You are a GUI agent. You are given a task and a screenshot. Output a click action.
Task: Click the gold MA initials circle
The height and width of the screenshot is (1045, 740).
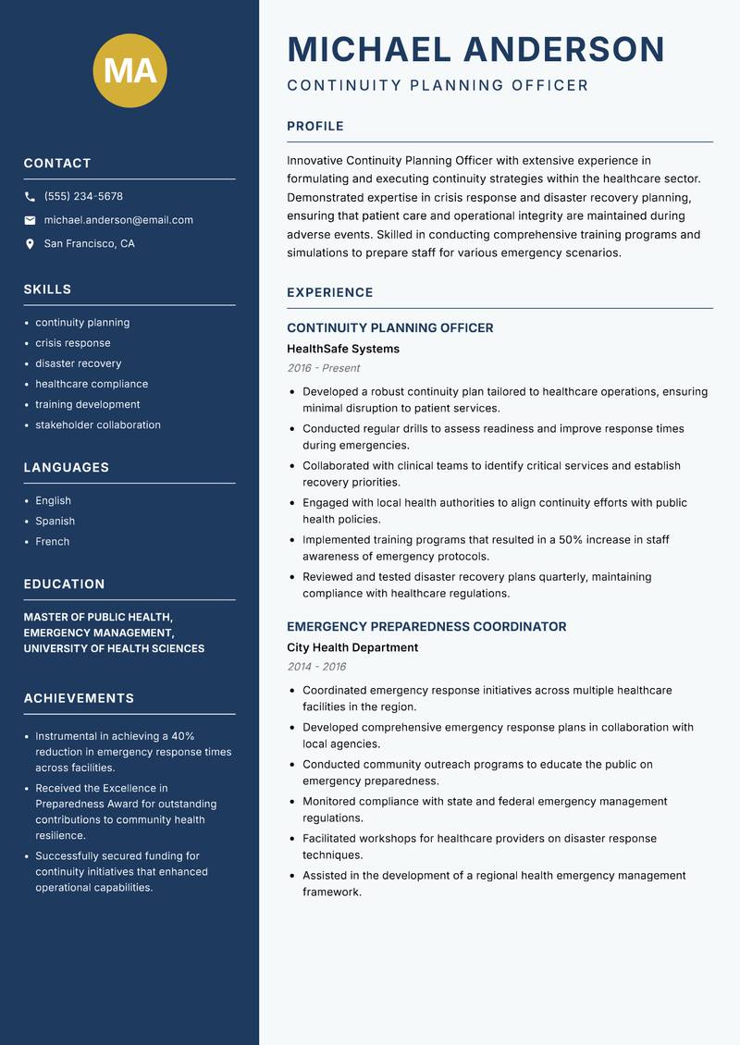click(129, 70)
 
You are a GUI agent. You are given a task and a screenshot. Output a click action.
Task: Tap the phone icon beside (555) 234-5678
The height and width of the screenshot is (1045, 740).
click(30, 197)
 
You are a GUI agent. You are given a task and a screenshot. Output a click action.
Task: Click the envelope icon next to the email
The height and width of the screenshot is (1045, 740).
click(30, 220)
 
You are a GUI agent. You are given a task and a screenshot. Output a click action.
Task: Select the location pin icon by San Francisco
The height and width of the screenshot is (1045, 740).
click(30, 244)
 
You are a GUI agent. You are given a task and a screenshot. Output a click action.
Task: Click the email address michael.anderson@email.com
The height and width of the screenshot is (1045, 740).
click(118, 220)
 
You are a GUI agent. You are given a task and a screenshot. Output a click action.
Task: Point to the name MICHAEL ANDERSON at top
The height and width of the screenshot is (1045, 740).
click(475, 49)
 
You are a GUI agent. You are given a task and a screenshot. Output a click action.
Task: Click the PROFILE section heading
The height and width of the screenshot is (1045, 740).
click(314, 126)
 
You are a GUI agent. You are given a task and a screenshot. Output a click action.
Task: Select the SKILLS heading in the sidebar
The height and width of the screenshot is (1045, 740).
click(47, 289)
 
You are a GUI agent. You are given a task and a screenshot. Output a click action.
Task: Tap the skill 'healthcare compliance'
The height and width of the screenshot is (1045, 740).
click(92, 384)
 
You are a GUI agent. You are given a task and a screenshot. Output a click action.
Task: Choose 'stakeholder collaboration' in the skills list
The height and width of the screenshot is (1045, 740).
click(98, 424)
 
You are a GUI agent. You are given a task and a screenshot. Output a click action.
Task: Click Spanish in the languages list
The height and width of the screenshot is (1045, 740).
click(55, 521)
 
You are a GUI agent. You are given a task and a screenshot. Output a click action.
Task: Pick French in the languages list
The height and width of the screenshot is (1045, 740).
click(52, 541)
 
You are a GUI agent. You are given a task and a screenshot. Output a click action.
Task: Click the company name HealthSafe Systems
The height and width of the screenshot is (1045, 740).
click(342, 349)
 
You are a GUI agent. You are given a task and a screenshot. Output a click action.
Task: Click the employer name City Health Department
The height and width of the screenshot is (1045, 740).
click(351, 647)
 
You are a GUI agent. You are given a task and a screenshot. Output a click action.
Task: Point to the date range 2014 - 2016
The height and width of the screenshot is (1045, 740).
click(316, 667)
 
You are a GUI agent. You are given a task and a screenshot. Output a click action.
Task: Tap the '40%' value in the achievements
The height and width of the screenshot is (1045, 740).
click(182, 736)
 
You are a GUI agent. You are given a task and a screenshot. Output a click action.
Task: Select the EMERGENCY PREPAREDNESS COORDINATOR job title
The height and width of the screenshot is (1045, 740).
click(425, 626)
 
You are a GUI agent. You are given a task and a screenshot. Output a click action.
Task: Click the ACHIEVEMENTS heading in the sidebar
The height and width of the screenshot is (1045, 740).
click(79, 698)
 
